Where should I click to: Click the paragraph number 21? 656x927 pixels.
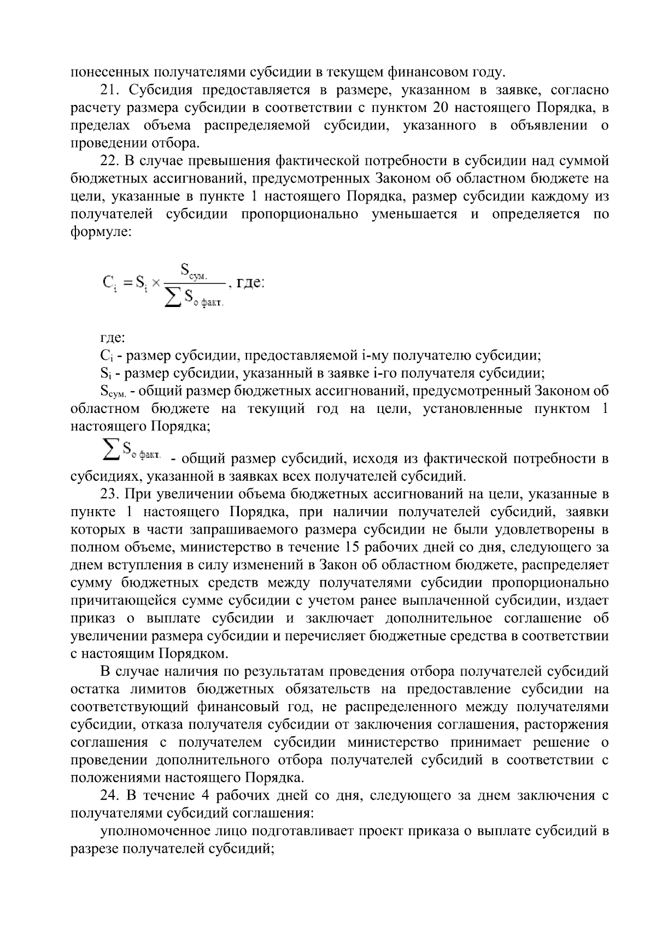click(108, 90)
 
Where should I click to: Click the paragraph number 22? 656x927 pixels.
click(108, 161)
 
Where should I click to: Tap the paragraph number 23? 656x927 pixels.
click(108, 494)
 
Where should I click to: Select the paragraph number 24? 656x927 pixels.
click(108, 795)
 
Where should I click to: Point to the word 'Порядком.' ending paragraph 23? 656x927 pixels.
click(194, 653)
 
